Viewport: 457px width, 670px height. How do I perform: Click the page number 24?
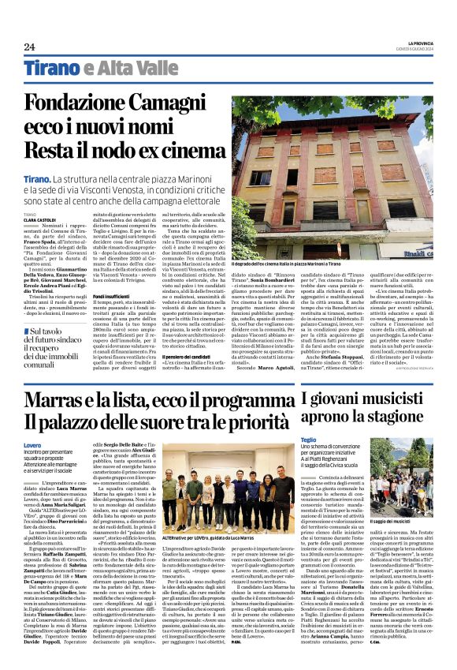[x=29, y=47]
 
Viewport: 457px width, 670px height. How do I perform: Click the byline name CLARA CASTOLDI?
[x=40, y=220]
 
